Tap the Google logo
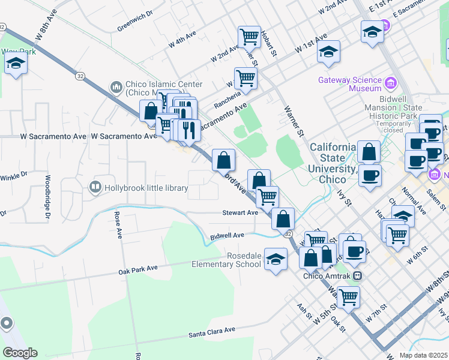[19, 353]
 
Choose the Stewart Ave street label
[240, 212]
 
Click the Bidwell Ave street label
[228, 236]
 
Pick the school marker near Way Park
[16, 63]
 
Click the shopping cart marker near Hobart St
[249, 37]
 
